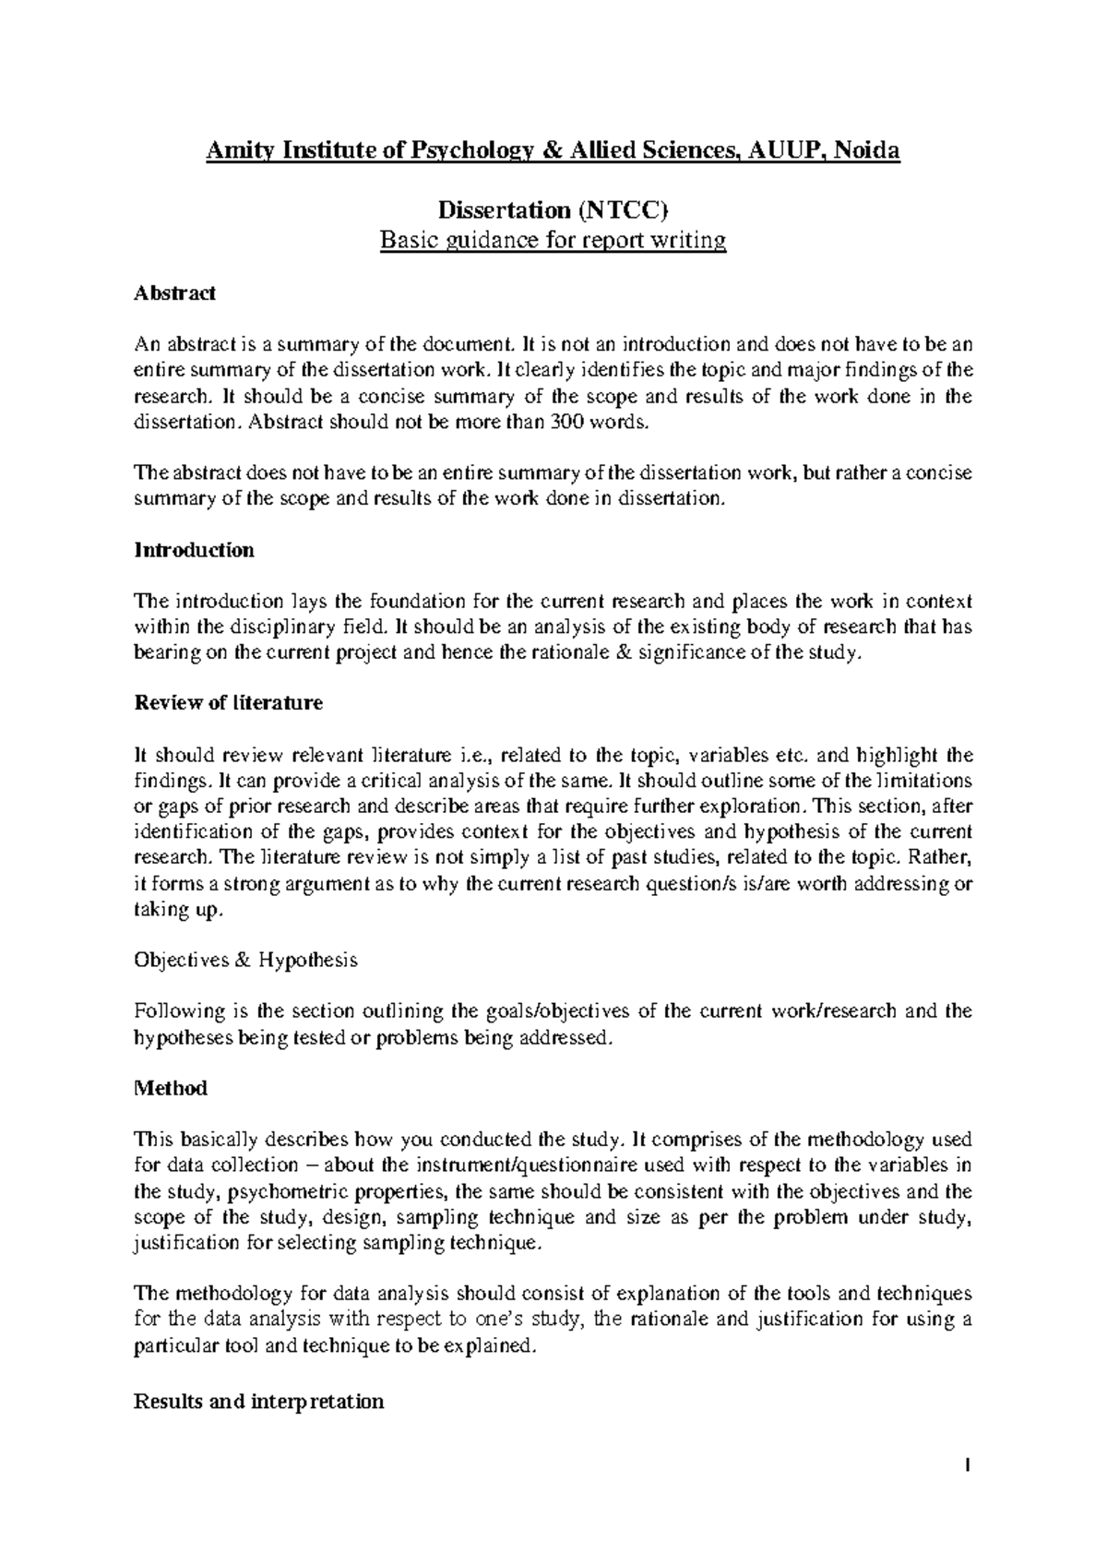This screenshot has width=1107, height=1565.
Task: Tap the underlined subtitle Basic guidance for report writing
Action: pos(553,242)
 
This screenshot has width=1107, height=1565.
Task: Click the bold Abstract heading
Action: pos(174,293)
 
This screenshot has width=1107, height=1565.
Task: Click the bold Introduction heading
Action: pos(194,550)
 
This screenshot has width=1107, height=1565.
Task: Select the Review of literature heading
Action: pos(229,703)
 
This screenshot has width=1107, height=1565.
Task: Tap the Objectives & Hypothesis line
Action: pos(245,960)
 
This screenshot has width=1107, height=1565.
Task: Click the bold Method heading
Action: pos(171,1088)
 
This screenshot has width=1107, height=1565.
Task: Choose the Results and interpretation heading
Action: pos(259,1402)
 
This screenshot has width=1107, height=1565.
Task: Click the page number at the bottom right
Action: pos(968,1464)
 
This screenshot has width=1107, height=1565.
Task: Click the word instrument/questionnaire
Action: pos(524,1165)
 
